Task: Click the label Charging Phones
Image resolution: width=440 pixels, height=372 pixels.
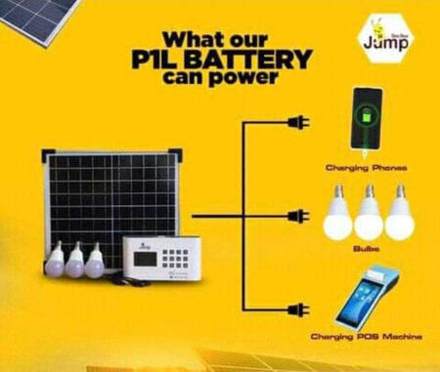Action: (x=367, y=168)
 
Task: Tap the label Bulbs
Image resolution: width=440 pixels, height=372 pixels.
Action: (x=367, y=249)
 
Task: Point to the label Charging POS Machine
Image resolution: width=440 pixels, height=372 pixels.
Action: (x=367, y=337)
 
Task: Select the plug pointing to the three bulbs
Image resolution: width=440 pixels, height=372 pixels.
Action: (x=294, y=213)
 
